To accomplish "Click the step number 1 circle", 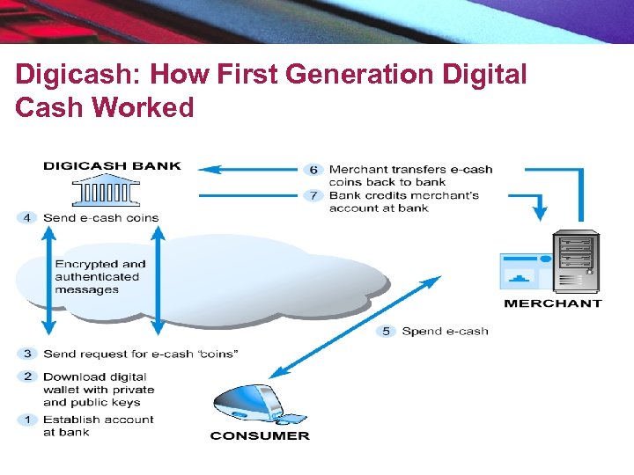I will coord(27,420).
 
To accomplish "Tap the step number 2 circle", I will coord(27,376).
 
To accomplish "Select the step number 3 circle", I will coord(27,354).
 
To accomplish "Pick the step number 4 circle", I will coord(27,217).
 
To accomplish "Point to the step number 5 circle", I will coord(386,332).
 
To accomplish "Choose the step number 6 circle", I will coord(313,170).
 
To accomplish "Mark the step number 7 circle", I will coord(313,195).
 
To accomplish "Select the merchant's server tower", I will coord(575,262).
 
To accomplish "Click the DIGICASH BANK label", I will coord(112,165).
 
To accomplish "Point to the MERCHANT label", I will coord(552,303).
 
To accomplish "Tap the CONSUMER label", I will coord(260,435).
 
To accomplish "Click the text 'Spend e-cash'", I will coord(445,332).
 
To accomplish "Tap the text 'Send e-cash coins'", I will coord(100,217).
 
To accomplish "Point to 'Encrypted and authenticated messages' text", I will coord(100,276).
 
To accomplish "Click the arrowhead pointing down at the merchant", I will coord(540,213).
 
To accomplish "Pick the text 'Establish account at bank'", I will coord(98,426).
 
